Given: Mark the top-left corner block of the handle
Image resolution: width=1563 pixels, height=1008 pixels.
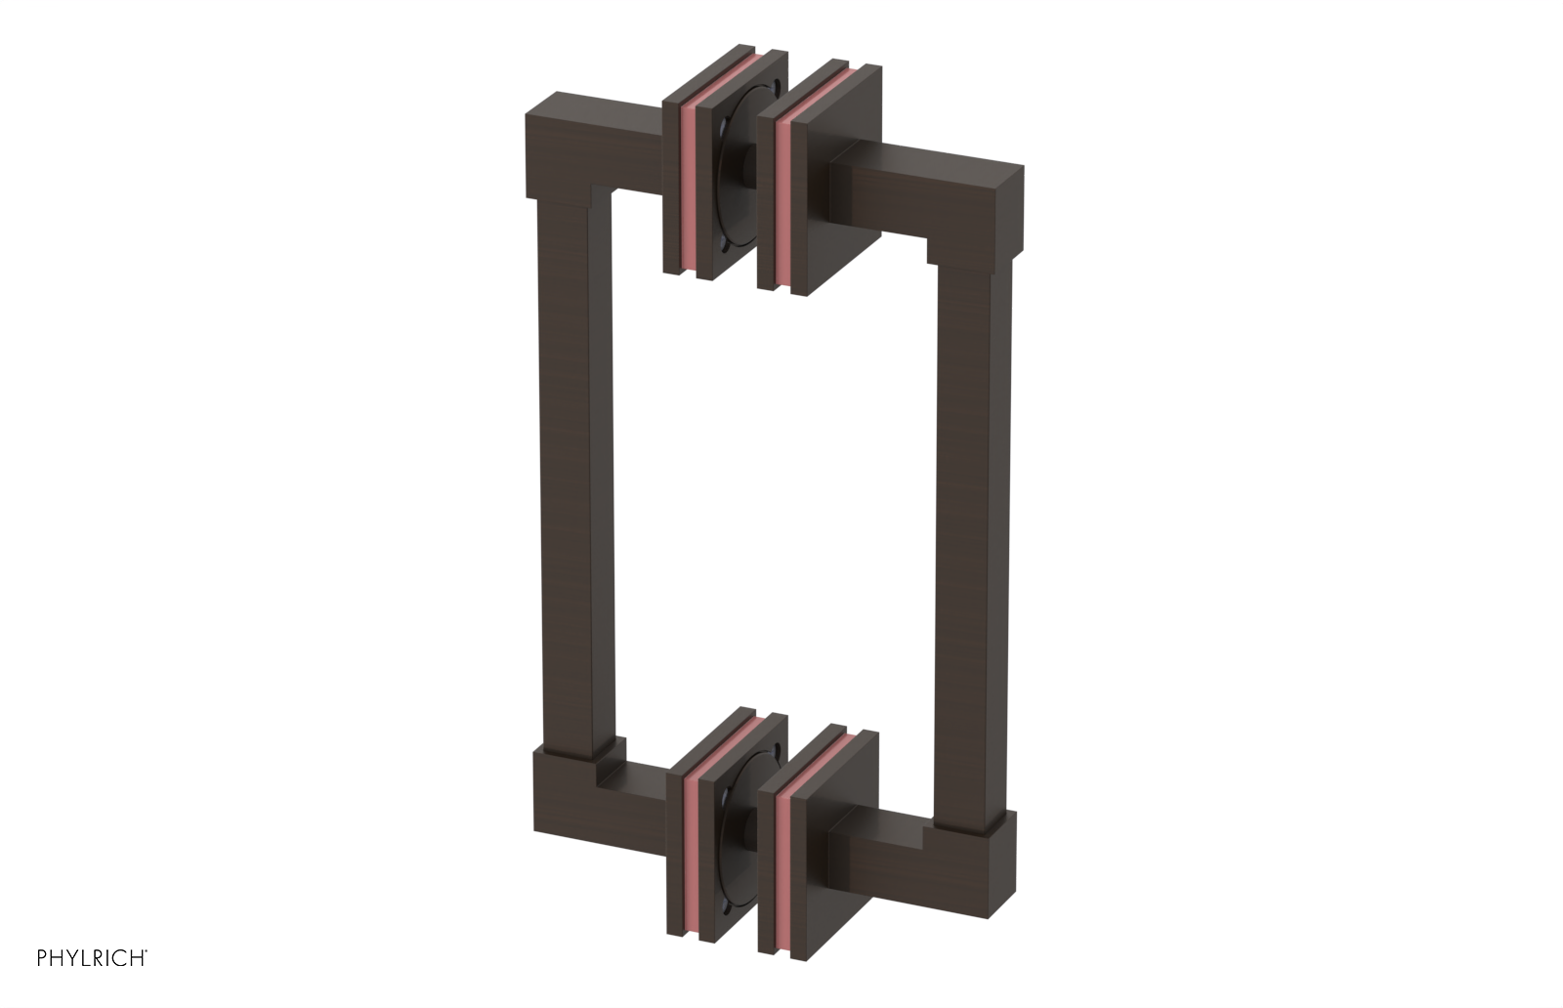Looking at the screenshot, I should (x=557, y=147).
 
